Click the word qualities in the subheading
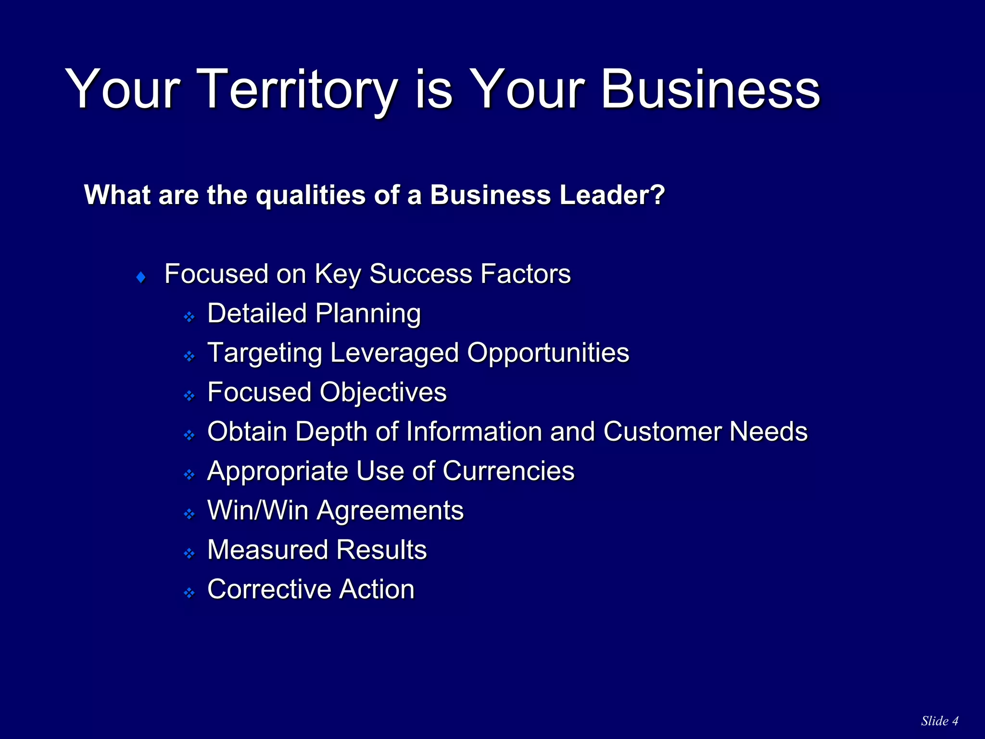pyautogui.click(x=311, y=195)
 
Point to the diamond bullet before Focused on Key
pyautogui.click(x=141, y=278)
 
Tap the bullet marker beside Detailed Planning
pyautogui.click(x=189, y=317)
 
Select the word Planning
pyautogui.click(x=368, y=314)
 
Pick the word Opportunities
pyautogui.click(x=548, y=353)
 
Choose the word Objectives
pyautogui.click(x=383, y=393)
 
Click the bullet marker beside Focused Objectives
pyautogui.click(x=189, y=396)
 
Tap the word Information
pyautogui.click(x=474, y=432)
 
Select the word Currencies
pyautogui.click(x=508, y=471)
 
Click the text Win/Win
pyautogui.click(x=258, y=510)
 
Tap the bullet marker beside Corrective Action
pyautogui.click(x=189, y=593)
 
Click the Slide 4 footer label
pyautogui.click(x=940, y=721)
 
